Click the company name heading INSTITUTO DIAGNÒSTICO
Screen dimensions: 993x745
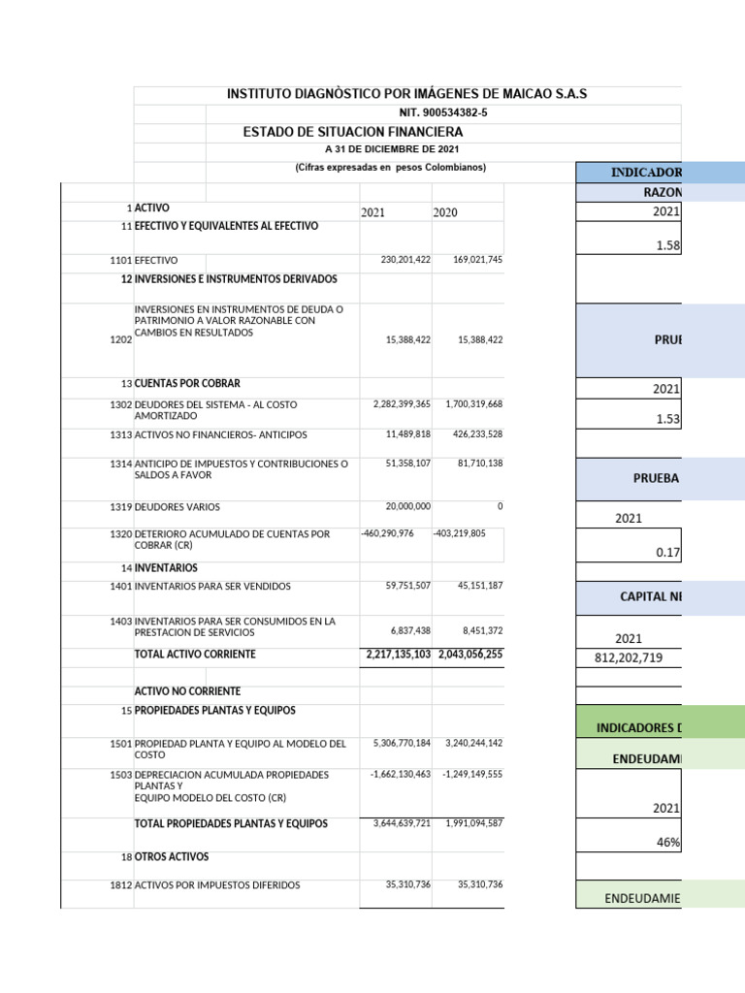[x=406, y=94]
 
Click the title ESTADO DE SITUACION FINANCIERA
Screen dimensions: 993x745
[x=352, y=132]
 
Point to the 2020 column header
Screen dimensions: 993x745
[x=445, y=212]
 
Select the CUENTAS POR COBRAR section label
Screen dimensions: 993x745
[x=187, y=384]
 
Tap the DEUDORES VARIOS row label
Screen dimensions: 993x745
[x=178, y=507]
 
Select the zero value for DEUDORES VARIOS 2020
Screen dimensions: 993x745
[x=500, y=506]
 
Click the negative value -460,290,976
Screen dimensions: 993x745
[x=387, y=533]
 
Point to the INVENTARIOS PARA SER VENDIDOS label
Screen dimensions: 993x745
[x=212, y=587]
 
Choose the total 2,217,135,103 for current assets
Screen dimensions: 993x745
[x=398, y=655]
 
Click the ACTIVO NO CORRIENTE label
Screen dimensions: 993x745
[x=188, y=691]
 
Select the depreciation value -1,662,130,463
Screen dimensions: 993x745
[x=401, y=775]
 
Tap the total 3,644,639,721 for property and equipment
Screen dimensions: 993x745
[x=402, y=823]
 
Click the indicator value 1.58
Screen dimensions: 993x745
[x=668, y=246]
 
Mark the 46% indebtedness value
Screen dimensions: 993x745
[x=668, y=843]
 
